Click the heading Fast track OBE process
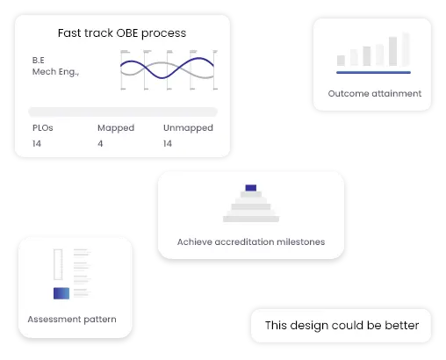pyautogui.click(x=121, y=33)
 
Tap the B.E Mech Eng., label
pyautogui.click(x=55, y=66)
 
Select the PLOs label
pyautogui.click(x=43, y=128)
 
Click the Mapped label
pyautogui.click(x=115, y=128)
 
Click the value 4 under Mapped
pyautogui.click(x=100, y=143)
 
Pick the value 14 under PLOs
pyautogui.click(x=37, y=143)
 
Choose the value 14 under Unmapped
pyautogui.click(x=168, y=143)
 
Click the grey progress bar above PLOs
pyautogui.click(x=122, y=112)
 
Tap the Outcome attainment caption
pyautogui.click(x=374, y=93)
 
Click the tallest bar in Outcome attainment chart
pyautogui.click(x=406, y=49)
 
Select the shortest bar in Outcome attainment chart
pyautogui.click(x=341, y=61)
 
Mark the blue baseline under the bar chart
pyautogui.click(x=373, y=71)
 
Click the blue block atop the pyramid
pyautogui.click(x=250, y=188)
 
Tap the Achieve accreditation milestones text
pyautogui.click(x=250, y=241)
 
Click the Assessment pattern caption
pyautogui.click(x=72, y=319)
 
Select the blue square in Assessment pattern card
pyautogui.click(x=61, y=294)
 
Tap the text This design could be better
pyautogui.click(x=342, y=326)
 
